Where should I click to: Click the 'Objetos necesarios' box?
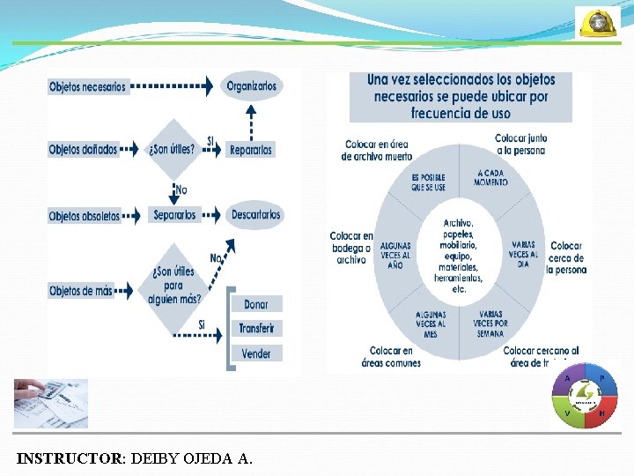(88, 86)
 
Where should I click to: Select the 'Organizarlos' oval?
(251, 86)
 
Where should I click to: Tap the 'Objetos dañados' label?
(83, 150)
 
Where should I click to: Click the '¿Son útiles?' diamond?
(173, 149)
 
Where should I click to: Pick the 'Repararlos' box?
(251, 150)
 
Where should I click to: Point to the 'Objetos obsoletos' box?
(85, 216)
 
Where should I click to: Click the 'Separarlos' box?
(174, 215)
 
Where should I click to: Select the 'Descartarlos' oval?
(256, 215)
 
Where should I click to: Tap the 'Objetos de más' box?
(81, 291)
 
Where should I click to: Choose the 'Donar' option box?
(256, 304)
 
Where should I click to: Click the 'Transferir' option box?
(256, 329)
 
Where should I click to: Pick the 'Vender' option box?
(256, 353)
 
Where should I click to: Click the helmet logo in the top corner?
(597, 22)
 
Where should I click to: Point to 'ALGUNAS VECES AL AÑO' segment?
(394, 255)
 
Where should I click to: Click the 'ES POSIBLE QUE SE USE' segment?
(428, 182)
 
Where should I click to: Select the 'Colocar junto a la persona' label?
(520, 145)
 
